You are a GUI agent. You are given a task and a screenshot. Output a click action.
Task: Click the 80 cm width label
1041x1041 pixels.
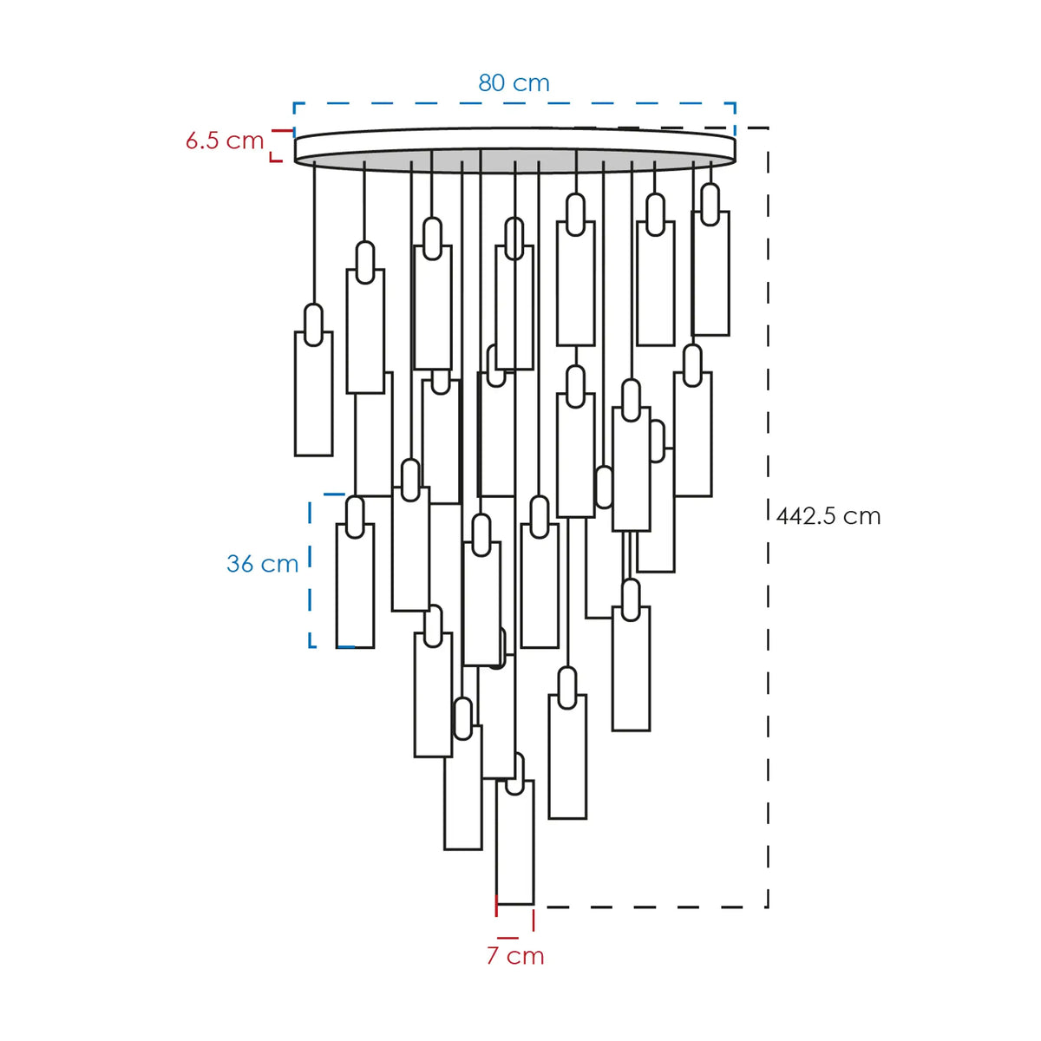pyautogui.click(x=514, y=83)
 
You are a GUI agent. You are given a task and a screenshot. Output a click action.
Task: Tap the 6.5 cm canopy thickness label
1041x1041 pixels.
pyautogui.click(x=224, y=141)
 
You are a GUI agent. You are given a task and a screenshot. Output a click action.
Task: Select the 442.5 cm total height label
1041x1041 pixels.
pyautogui.click(x=828, y=516)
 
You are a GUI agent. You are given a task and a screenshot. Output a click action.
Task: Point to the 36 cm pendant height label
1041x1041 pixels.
pyautogui.click(x=263, y=564)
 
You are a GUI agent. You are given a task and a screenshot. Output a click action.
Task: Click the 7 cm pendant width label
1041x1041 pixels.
pyautogui.click(x=515, y=956)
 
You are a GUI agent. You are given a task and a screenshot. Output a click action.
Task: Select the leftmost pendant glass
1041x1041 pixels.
pyautogui.click(x=313, y=394)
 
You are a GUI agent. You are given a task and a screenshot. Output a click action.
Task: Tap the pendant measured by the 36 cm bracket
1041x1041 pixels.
pyautogui.click(x=355, y=586)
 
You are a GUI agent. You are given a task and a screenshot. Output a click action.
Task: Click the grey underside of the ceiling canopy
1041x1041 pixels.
pyautogui.click(x=514, y=160)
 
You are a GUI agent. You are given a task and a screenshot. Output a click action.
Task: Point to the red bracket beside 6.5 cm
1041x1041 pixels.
pyautogui.click(x=277, y=146)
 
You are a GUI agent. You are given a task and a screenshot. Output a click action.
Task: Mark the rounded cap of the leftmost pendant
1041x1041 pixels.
pyautogui.click(x=313, y=324)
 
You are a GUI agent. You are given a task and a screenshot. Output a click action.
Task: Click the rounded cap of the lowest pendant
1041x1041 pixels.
pyautogui.click(x=514, y=774)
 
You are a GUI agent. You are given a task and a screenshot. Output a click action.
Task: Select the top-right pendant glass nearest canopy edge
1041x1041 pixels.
pyautogui.click(x=710, y=273)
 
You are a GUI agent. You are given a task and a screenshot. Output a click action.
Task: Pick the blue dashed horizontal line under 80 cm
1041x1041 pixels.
pyautogui.click(x=514, y=103)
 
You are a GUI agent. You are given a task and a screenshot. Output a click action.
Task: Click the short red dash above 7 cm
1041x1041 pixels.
pyautogui.click(x=507, y=938)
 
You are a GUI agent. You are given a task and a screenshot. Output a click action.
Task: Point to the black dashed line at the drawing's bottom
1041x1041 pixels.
pyautogui.click(x=651, y=907)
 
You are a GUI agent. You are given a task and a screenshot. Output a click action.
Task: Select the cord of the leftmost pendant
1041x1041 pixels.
pyautogui.click(x=314, y=232)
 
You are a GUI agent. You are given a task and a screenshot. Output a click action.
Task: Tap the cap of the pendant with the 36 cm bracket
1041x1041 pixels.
pyautogui.click(x=355, y=517)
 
